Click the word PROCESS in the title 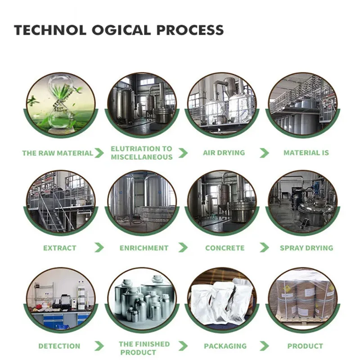[x=190, y=30]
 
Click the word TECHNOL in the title [x=50, y=30]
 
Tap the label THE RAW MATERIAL [x=58, y=153]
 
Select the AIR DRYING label [x=224, y=153]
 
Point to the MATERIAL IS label [x=306, y=153]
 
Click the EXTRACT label [x=60, y=248]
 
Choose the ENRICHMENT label [x=144, y=248]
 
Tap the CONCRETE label [x=225, y=248]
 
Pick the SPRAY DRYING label [x=306, y=248]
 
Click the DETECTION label [x=59, y=346]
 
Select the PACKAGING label [x=225, y=346]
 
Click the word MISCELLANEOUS [x=142, y=157]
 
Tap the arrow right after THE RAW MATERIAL [x=99, y=153]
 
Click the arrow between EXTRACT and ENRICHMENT [x=99, y=247]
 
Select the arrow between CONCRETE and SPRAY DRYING [x=264, y=247]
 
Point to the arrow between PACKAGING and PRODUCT [x=264, y=346]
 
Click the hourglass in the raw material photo [x=60, y=103]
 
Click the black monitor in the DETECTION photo [x=65, y=298]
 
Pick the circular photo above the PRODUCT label [x=303, y=298]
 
